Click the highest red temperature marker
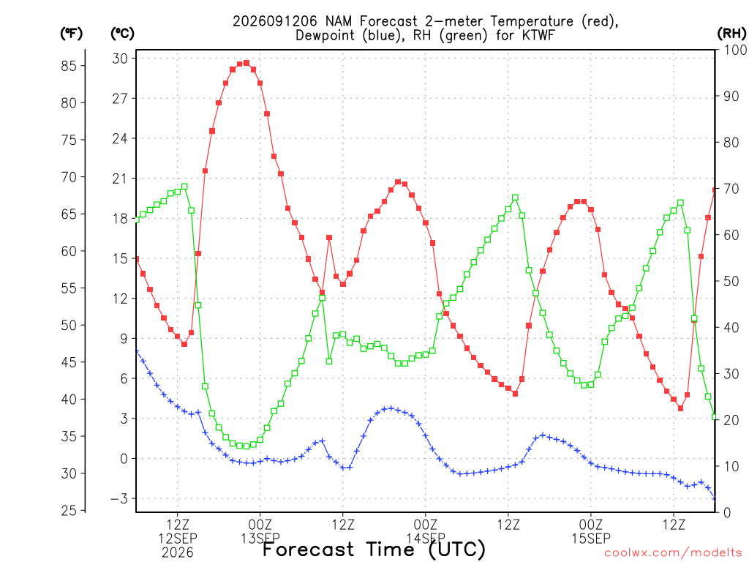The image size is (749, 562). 246,63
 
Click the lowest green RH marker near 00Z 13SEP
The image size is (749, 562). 246,446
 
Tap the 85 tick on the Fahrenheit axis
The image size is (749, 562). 69,65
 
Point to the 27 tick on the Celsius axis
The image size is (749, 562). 120,99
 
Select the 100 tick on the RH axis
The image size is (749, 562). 735,50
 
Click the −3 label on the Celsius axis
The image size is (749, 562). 119,498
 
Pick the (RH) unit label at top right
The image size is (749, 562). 731,33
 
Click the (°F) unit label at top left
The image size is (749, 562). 71,34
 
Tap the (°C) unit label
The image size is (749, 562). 122,34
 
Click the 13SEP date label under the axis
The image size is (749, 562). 260,538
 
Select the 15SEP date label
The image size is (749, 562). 591,538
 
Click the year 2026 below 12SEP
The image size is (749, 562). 178,552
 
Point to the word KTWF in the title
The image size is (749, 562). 538,35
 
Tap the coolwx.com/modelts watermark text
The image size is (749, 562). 673,552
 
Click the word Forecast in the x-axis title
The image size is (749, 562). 308,549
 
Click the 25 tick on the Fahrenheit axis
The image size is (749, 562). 69,510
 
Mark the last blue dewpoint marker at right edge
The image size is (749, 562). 715,498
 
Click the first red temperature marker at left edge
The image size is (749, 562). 137,258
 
